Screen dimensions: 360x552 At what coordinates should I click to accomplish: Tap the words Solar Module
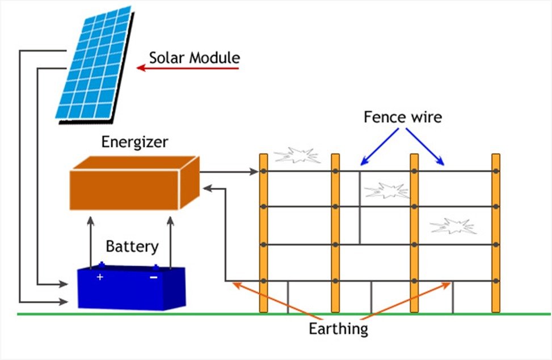tap(195, 58)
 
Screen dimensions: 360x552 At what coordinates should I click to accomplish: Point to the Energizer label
tap(134, 142)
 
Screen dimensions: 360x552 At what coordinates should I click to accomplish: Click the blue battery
tap(131, 287)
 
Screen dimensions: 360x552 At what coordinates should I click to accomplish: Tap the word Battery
tap(132, 247)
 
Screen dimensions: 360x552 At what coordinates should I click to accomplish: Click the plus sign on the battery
tap(100, 277)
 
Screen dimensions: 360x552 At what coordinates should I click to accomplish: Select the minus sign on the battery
tap(153, 277)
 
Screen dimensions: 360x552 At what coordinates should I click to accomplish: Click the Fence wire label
tap(402, 118)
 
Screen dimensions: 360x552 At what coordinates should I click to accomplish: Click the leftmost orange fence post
tap(263, 232)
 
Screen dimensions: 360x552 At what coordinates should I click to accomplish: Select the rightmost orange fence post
tap(496, 232)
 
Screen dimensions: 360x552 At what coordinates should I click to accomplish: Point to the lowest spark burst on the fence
tap(453, 226)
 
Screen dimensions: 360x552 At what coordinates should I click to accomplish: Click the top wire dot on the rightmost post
tap(496, 171)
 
